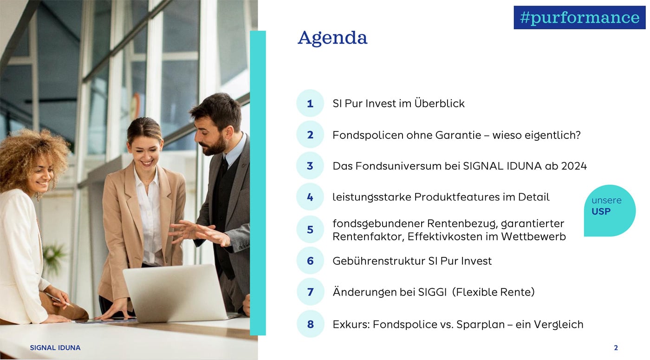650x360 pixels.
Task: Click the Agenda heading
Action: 332,38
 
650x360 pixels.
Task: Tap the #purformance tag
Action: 579,18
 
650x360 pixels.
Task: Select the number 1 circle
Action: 310,103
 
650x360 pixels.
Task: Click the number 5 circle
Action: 310,229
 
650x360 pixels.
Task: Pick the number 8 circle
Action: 310,324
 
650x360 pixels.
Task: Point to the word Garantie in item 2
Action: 458,135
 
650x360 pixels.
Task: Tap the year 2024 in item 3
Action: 574,166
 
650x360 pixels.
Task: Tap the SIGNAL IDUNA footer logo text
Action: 55,347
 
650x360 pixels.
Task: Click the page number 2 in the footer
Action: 616,347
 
